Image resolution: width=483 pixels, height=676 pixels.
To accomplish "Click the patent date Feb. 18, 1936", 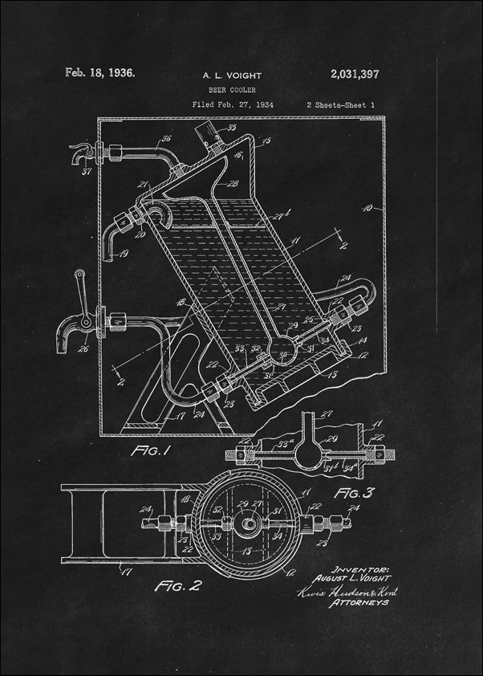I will (99, 72).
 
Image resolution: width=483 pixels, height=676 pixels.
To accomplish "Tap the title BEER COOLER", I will (232, 90).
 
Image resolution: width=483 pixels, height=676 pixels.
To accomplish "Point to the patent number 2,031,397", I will (354, 74).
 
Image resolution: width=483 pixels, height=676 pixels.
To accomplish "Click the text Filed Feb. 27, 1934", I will (232, 104).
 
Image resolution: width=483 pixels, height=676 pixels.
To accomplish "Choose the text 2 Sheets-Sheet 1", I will (340, 104).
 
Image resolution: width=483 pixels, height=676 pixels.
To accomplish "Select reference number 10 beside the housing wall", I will (371, 207).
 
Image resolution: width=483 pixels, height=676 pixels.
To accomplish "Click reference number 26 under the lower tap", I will (83, 348).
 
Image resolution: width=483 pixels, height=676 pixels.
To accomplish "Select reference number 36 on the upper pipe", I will (166, 140).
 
